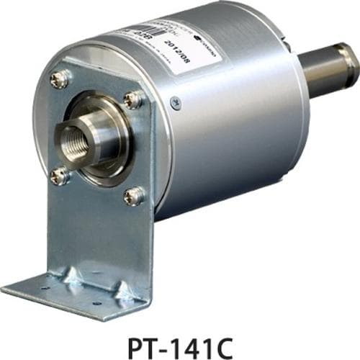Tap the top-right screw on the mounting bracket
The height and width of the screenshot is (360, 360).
coord(132,100)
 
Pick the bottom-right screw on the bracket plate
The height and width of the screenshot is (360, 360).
coord(133,195)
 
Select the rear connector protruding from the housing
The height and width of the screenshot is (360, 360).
coord(328,68)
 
